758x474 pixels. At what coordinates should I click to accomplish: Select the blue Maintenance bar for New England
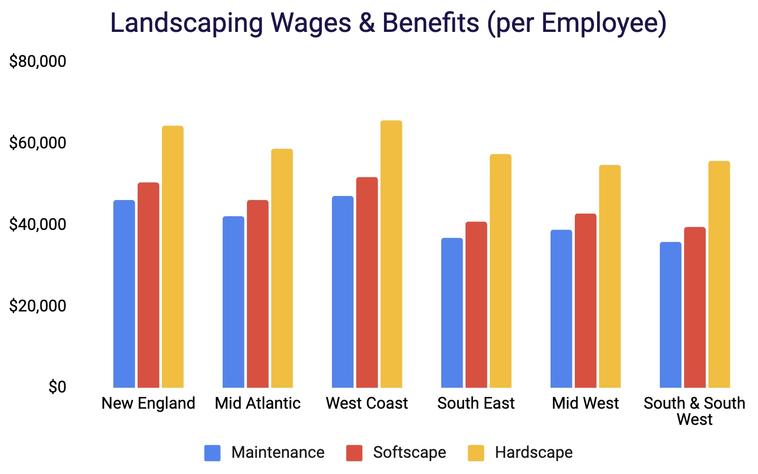pyautogui.click(x=124, y=294)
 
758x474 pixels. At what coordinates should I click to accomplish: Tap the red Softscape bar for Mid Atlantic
pyautogui.click(x=258, y=294)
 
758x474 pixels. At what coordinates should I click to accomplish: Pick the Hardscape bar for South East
pyautogui.click(x=500, y=271)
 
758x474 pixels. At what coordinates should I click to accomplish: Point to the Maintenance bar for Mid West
pyautogui.click(x=561, y=309)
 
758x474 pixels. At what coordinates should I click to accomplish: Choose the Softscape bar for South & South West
pyautogui.click(x=695, y=307)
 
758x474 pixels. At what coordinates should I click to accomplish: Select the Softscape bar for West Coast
pyautogui.click(x=367, y=283)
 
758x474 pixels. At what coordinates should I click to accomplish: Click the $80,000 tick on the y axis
pyautogui.click(x=38, y=62)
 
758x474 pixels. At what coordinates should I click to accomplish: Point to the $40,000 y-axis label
pyautogui.click(x=38, y=224)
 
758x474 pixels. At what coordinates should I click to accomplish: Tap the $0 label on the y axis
pyautogui.click(x=57, y=387)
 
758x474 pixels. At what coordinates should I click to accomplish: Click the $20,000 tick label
pyautogui.click(x=38, y=306)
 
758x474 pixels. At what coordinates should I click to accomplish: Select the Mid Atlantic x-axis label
pyautogui.click(x=258, y=403)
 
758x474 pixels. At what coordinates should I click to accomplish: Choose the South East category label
pyautogui.click(x=476, y=403)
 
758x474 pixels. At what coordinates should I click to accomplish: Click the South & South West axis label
pyautogui.click(x=694, y=411)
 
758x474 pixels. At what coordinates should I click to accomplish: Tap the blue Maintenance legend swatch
pyautogui.click(x=213, y=453)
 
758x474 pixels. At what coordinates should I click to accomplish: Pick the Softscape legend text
pyautogui.click(x=409, y=452)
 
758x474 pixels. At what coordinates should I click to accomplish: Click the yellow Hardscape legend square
pyautogui.click(x=476, y=453)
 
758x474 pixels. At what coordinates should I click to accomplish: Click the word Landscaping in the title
pyautogui.click(x=187, y=23)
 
